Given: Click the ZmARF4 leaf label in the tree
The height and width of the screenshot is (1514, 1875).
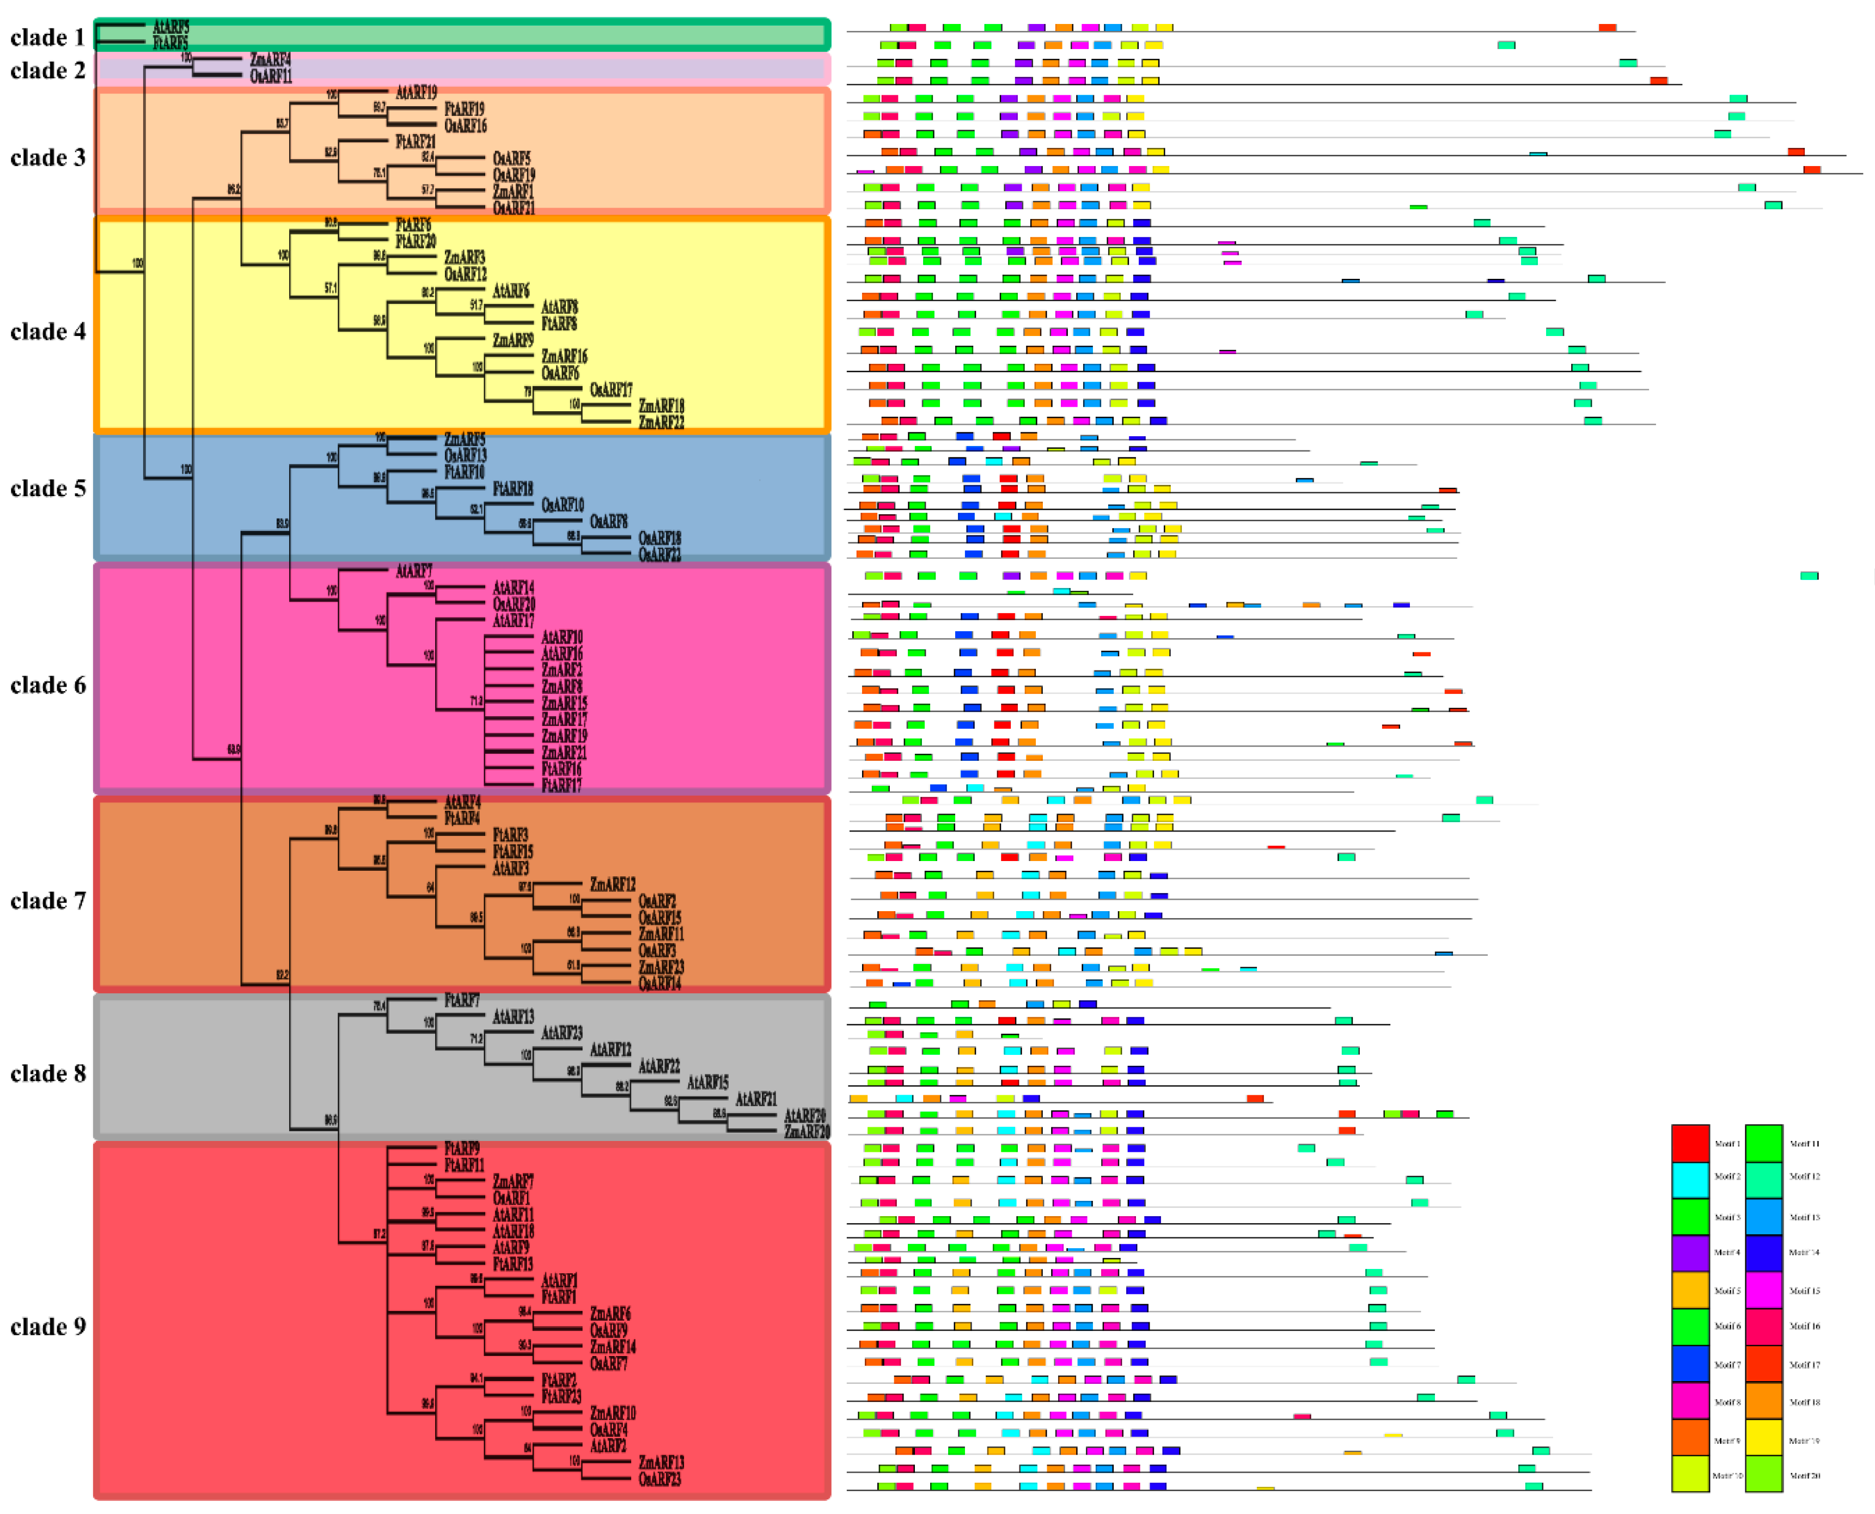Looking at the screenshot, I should [270, 59].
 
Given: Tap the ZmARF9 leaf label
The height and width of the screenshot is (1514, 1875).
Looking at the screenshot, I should [513, 340].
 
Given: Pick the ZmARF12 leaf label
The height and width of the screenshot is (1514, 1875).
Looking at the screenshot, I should [612, 884].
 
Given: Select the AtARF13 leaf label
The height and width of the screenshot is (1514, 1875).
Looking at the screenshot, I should [513, 1017].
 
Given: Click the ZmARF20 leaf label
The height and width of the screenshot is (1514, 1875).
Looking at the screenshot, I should [807, 1132].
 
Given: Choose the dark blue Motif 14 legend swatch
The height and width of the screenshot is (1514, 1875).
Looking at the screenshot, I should [1763, 1253].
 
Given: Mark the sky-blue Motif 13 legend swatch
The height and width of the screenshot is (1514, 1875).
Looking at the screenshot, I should [1763, 1217].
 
